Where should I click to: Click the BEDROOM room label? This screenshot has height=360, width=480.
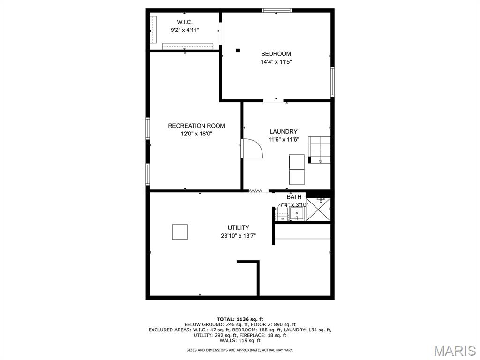coord(276,54)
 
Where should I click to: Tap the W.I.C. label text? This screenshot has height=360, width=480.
coord(185,22)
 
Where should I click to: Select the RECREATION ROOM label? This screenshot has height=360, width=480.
coord(196,126)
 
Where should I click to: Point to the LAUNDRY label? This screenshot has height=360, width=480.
coord(284,132)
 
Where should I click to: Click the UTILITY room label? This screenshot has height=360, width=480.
coord(238,228)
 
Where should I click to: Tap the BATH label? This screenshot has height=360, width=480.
coord(294,197)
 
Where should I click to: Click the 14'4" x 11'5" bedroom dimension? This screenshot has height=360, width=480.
coord(276,62)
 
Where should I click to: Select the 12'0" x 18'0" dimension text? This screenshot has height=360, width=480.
coord(196,134)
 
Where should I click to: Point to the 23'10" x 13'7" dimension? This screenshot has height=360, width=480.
coord(238,236)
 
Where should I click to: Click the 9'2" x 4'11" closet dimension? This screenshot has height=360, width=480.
coord(185,30)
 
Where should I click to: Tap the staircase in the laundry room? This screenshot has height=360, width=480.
coord(319,150)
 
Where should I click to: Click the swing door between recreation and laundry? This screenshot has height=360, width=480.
coord(252,149)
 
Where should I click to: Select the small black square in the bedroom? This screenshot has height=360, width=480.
coord(238,51)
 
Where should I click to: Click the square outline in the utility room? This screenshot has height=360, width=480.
coord(180,232)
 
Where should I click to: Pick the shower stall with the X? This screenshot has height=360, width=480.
coord(318,210)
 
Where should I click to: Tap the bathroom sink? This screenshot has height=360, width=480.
coord(296,214)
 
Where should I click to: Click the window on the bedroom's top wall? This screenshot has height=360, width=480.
coord(277,11)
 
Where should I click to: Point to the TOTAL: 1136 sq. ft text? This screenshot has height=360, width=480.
coord(240,319)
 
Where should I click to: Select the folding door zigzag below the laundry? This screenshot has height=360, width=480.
coord(255,191)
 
